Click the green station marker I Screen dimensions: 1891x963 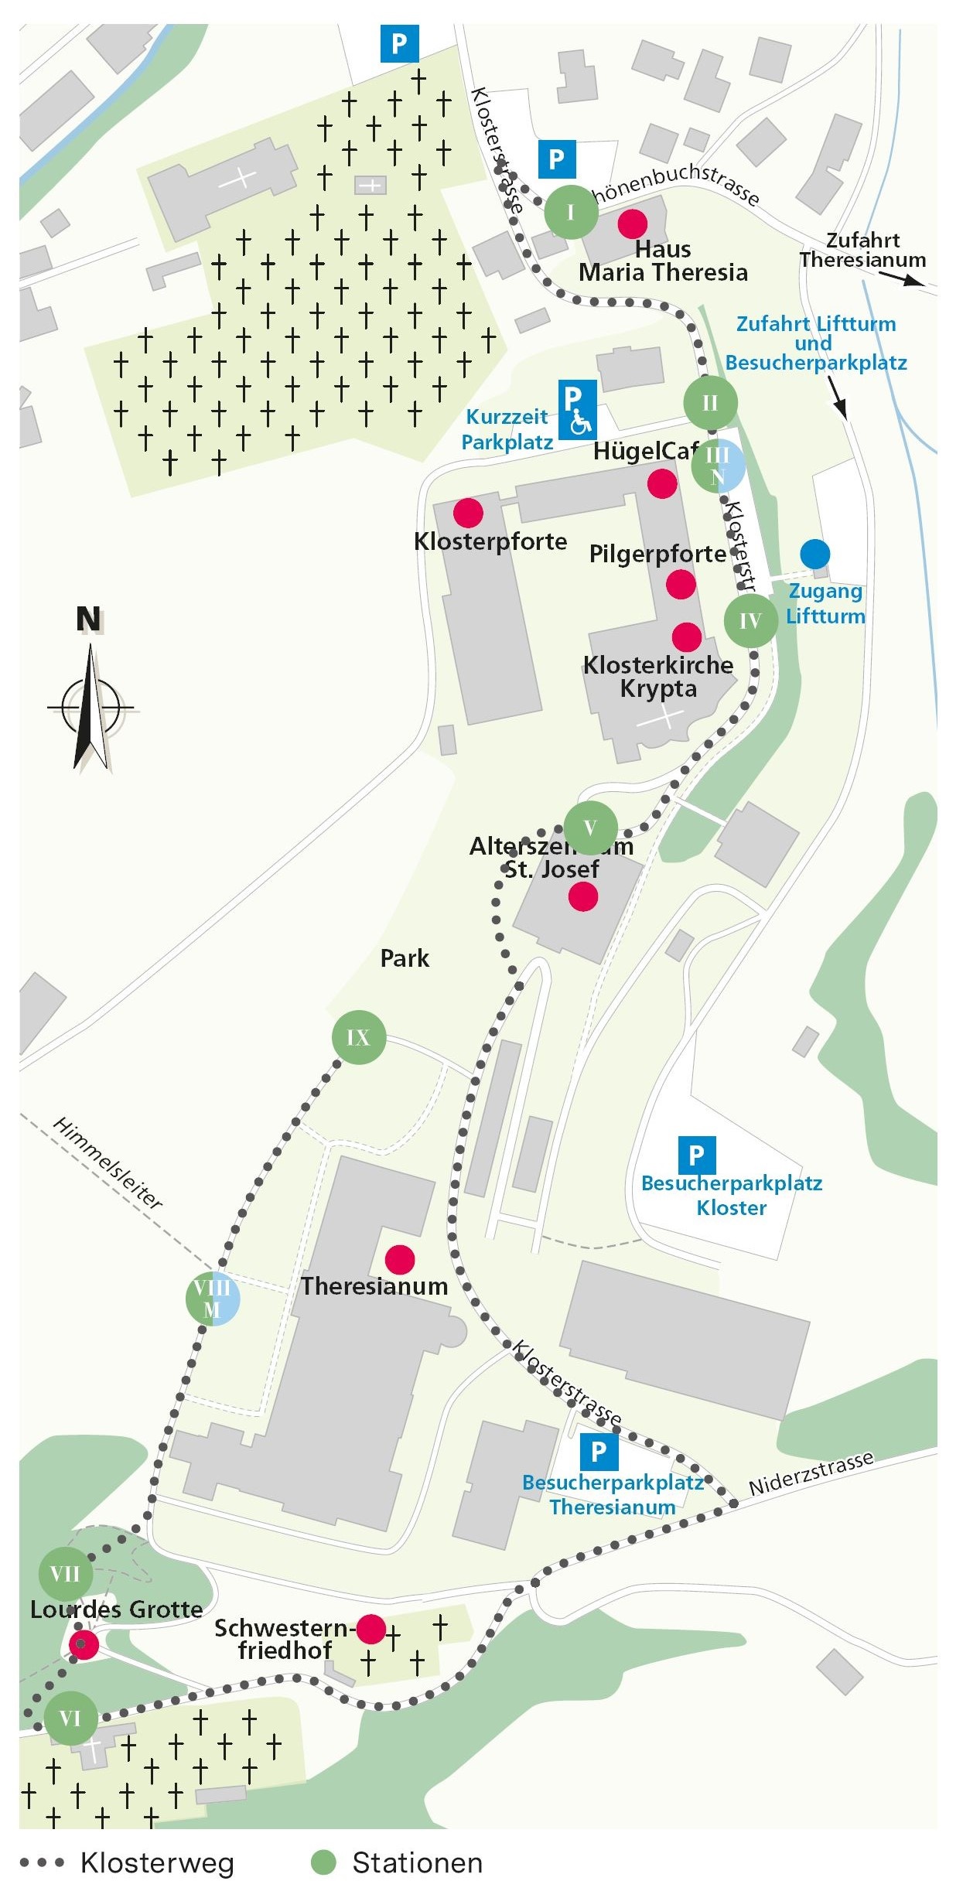[x=571, y=212]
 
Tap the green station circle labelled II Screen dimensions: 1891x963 [x=710, y=402]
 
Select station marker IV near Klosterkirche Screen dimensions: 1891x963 [x=750, y=620]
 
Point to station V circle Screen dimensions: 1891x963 [x=590, y=828]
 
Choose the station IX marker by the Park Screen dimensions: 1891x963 [x=358, y=1037]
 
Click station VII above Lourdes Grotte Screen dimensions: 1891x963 [x=65, y=1573]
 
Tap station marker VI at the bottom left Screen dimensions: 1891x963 [x=70, y=1719]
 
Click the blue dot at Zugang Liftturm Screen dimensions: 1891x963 [x=815, y=554]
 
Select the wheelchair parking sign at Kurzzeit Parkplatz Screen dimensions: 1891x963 [x=577, y=409]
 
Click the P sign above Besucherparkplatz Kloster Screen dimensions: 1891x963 [x=696, y=1155]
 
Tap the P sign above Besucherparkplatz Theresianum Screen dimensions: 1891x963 [x=599, y=1452]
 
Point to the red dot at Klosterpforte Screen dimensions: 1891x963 [x=468, y=512]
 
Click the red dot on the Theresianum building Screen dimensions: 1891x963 [x=399, y=1260]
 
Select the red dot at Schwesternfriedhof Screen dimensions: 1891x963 [x=371, y=1629]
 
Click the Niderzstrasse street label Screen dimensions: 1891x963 [x=811, y=1473]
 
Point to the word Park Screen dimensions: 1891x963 [x=405, y=958]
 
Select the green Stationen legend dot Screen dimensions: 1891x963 [x=323, y=1863]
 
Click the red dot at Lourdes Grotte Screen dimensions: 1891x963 [x=84, y=1644]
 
